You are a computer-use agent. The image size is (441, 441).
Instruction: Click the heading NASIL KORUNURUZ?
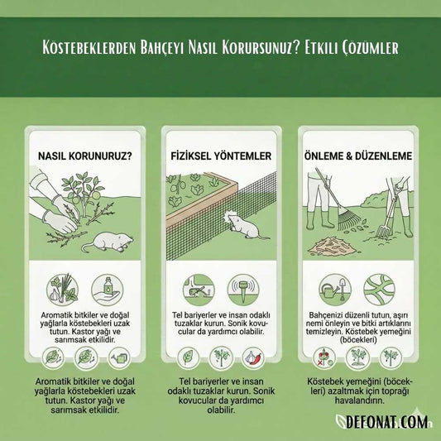click(x=85, y=155)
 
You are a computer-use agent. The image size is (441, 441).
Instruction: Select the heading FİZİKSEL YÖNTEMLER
click(x=220, y=155)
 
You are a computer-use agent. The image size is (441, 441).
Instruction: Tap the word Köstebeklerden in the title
click(x=93, y=48)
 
